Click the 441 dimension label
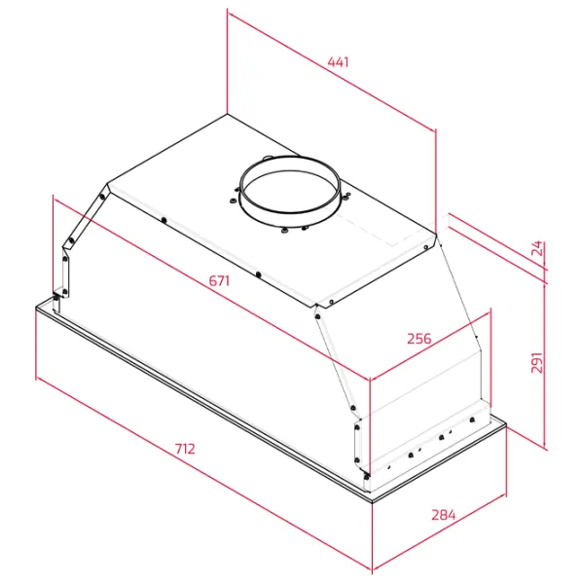click(x=338, y=62)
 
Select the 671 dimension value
click(x=219, y=280)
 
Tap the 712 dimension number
click(x=185, y=449)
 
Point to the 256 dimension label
click(x=420, y=339)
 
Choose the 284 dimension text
click(x=444, y=515)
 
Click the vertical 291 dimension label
click(x=536, y=362)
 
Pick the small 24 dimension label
click(x=537, y=248)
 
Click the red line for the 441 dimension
click(x=332, y=71)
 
